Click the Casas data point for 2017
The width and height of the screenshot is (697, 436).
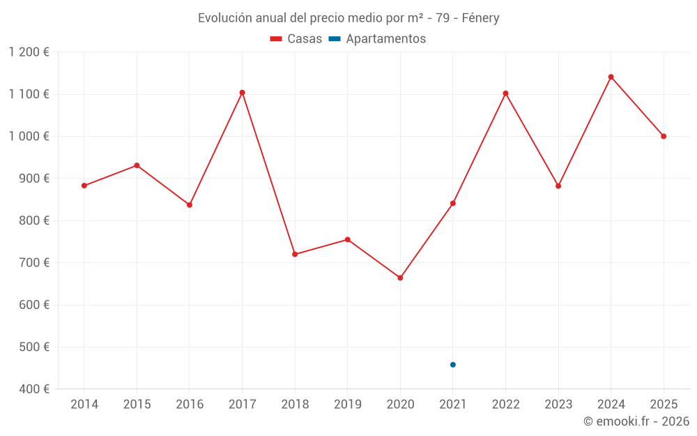242,92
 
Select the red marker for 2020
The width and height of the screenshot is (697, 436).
400,278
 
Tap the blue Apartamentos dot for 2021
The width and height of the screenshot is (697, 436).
453,365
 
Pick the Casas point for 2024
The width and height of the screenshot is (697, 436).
611,77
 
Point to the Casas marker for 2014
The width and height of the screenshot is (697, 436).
84,186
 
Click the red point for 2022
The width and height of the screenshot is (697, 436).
505,93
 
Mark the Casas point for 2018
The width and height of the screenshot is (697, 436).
295,254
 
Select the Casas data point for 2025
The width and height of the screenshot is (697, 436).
664,136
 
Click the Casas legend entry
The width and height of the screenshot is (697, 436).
296,39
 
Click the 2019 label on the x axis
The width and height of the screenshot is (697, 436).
347,405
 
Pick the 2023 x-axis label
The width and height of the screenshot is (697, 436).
558,405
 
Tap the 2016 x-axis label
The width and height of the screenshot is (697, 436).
190,405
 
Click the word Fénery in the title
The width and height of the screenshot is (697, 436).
480,18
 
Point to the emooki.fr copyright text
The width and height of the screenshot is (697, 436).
636,421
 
